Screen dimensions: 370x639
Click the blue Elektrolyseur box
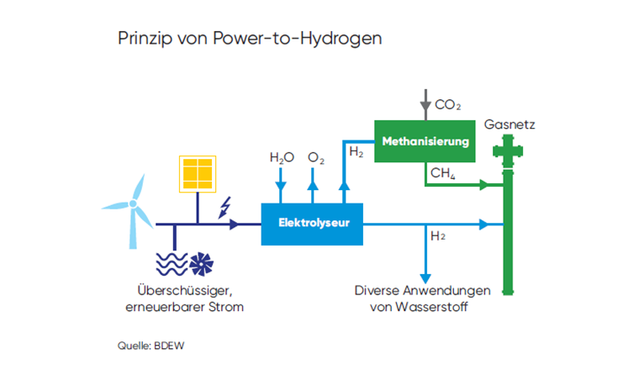click(312, 224)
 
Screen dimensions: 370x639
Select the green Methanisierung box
click(425, 141)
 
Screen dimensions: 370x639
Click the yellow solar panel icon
click(196, 174)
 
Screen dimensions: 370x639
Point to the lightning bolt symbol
click(225, 207)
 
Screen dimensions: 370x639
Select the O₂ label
click(316, 158)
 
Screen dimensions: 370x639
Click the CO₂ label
click(447, 105)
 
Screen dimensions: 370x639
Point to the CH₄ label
click(442, 173)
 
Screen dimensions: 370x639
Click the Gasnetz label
click(510, 125)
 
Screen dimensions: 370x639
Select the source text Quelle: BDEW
click(148, 345)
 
